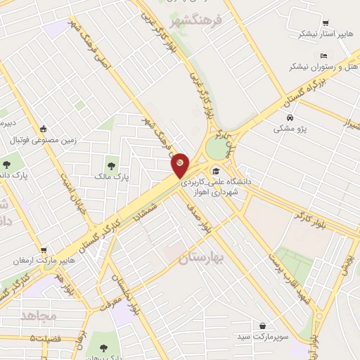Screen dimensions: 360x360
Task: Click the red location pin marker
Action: (181, 165)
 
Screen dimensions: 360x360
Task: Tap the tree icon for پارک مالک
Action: (108, 165)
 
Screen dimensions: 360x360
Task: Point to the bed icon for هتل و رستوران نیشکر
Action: (323, 56)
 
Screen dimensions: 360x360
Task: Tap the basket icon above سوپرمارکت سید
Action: (262, 326)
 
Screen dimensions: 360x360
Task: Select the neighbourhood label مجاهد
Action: (39, 316)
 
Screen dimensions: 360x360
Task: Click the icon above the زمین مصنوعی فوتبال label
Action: (44, 129)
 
